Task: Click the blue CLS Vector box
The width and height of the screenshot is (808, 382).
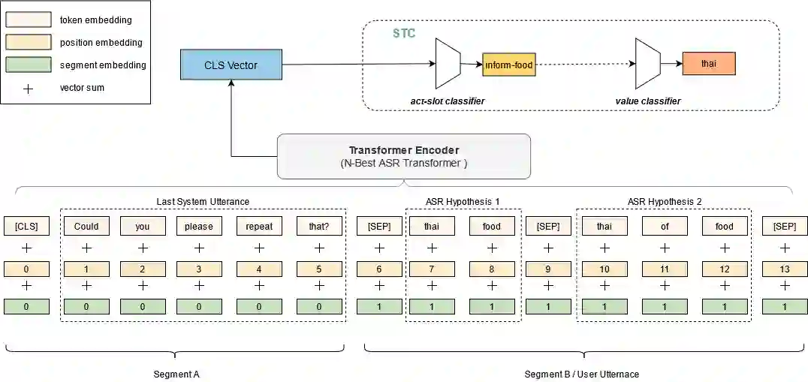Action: pos(231,65)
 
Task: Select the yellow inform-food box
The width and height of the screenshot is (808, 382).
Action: pos(508,65)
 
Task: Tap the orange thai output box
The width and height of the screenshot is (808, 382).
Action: pos(708,64)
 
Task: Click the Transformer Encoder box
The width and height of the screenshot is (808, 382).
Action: pos(403,156)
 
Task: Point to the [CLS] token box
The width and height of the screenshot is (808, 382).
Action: pos(26,226)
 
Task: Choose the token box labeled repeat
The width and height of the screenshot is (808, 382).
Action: pos(259,226)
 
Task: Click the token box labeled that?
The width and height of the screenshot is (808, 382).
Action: pos(319,226)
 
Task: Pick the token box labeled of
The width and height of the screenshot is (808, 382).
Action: pos(665,226)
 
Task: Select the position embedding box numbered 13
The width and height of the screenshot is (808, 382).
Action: pos(785,269)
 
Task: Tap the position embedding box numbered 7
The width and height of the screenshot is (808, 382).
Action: pos(432,269)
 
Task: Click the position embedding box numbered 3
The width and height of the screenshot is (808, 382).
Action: pos(199,269)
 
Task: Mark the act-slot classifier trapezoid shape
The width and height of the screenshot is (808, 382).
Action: pos(448,65)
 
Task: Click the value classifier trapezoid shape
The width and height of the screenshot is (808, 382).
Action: pos(647,65)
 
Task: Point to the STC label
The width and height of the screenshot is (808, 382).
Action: pos(404,34)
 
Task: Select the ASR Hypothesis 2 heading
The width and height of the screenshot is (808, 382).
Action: pos(665,201)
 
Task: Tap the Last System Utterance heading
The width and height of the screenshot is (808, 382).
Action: pos(203,201)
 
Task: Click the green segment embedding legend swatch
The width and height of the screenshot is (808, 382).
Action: pos(29,65)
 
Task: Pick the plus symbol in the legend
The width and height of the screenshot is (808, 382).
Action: pos(29,88)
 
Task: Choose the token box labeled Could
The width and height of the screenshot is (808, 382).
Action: pos(86,226)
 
